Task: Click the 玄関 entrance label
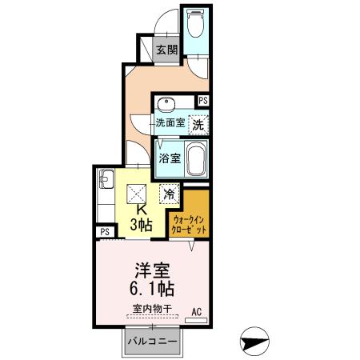click(166, 50)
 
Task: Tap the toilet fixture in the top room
click(195, 26)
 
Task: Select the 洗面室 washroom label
click(170, 124)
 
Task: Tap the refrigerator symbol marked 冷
click(170, 193)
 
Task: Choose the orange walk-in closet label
click(190, 225)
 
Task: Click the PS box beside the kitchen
click(105, 232)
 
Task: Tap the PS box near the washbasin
click(203, 101)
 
